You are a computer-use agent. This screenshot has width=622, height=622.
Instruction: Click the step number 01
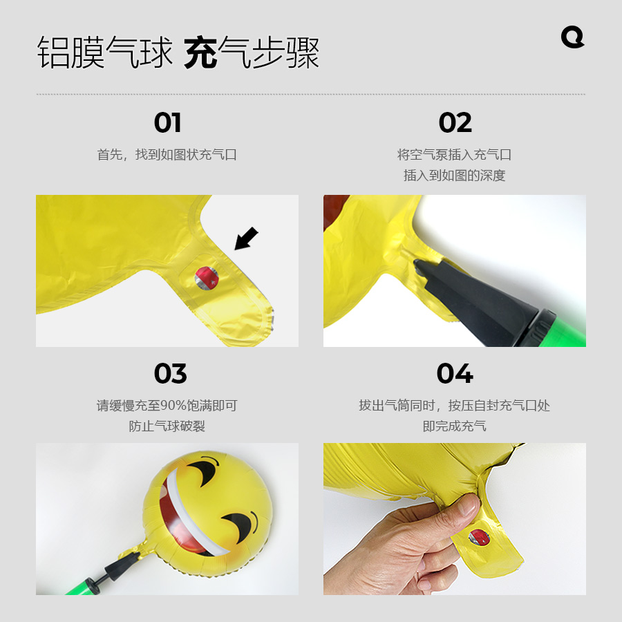(167, 123)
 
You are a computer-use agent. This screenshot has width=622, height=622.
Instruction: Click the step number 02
(455, 123)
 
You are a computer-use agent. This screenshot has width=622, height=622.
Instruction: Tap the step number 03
(170, 374)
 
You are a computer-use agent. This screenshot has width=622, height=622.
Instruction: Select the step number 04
(455, 374)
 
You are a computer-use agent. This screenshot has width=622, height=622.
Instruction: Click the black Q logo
(572, 37)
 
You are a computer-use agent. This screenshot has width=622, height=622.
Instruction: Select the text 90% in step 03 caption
(171, 406)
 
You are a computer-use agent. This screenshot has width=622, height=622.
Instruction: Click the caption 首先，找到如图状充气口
(167, 155)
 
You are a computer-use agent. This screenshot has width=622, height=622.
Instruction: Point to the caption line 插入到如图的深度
(455, 176)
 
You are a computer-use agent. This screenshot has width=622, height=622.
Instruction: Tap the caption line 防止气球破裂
(167, 426)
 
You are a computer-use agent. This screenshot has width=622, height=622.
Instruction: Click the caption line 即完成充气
(455, 426)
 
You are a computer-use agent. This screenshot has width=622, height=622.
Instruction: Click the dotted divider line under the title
(311, 94)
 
